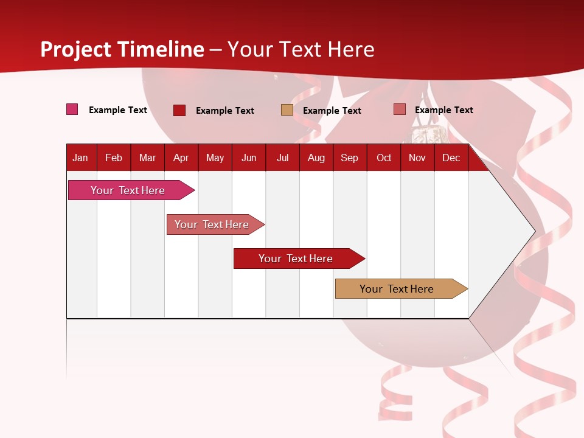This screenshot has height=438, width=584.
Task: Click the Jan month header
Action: (80, 158)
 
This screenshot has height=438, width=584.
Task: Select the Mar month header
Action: (147, 158)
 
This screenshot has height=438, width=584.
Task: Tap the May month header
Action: (215, 158)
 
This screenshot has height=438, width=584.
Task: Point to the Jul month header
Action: (282, 158)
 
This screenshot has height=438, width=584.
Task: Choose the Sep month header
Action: (349, 158)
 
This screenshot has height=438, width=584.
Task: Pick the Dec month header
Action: (451, 158)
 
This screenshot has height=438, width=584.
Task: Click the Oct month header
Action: (384, 158)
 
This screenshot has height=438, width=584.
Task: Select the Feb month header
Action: (114, 158)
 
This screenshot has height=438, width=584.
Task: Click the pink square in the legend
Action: (72, 109)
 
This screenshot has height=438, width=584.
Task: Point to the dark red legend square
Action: (179, 110)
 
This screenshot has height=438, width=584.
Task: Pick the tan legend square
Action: (287, 110)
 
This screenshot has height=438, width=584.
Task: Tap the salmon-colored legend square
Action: (400, 109)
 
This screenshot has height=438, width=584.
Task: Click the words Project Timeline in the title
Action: (122, 49)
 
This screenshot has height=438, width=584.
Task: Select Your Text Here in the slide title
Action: (301, 49)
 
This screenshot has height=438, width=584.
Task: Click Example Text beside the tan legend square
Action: (332, 111)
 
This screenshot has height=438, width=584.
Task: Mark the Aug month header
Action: (316, 158)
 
